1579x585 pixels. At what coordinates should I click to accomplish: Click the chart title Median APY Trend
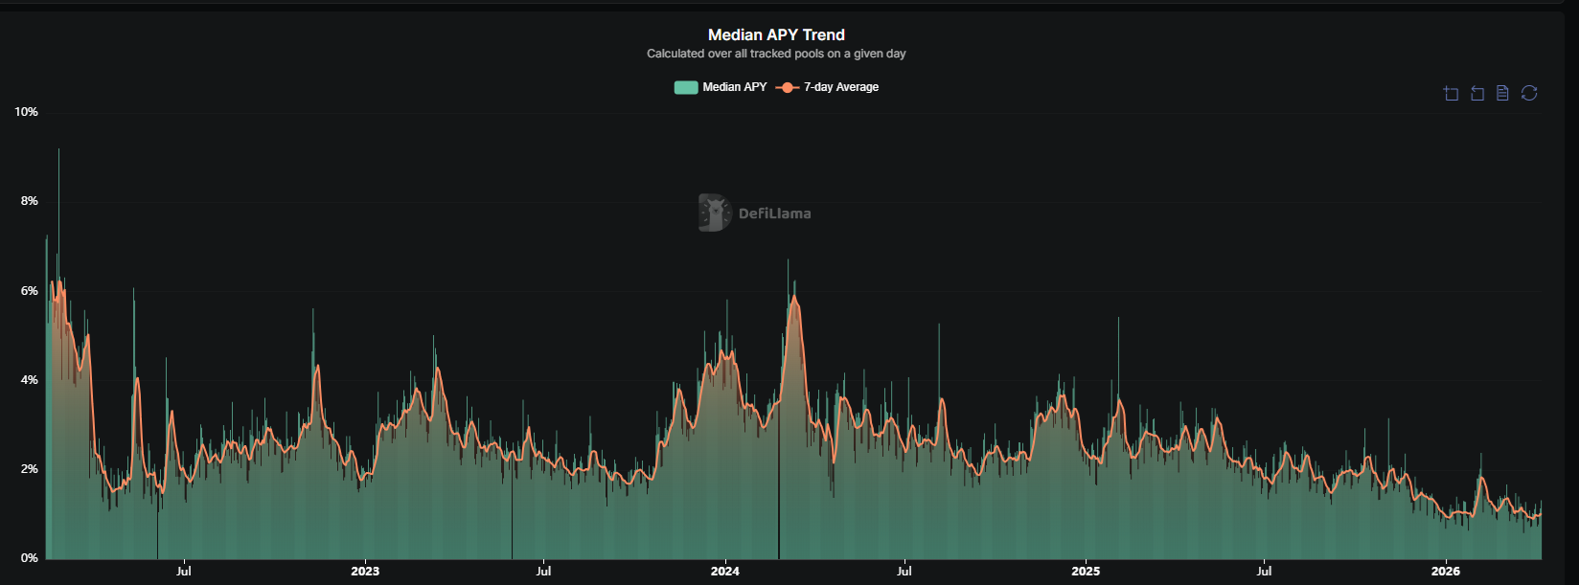(x=776, y=34)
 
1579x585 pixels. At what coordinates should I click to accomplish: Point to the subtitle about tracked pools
(x=776, y=54)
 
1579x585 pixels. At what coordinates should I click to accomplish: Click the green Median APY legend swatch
(x=686, y=87)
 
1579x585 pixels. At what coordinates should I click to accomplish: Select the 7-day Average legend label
(x=840, y=87)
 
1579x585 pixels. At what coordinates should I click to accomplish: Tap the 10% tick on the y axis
(x=26, y=112)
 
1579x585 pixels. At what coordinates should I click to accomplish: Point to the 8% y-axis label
(x=29, y=201)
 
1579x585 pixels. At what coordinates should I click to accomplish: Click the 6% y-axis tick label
(x=29, y=291)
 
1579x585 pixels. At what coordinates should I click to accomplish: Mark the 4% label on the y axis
(x=29, y=380)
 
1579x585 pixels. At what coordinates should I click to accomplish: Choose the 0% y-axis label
(x=29, y=558)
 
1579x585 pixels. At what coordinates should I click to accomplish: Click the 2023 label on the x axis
(x=365, y=572)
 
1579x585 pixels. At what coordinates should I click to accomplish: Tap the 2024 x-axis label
(x=725, y=572)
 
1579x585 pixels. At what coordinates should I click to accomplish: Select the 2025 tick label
(x=1086, y=572)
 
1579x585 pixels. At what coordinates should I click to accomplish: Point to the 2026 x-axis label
(x=1446, y=572)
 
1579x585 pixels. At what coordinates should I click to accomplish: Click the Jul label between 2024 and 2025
(x=904, y=572)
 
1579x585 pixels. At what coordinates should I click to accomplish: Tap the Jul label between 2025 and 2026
(x=1264, y=572)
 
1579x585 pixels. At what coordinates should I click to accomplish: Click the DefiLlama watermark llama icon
(x=714, y=213)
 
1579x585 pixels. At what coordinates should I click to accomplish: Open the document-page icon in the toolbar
(x=1502, y=93)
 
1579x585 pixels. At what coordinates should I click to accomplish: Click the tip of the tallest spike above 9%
(x=58, y=149)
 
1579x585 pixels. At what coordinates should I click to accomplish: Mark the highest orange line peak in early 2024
(x=793, y=297)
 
